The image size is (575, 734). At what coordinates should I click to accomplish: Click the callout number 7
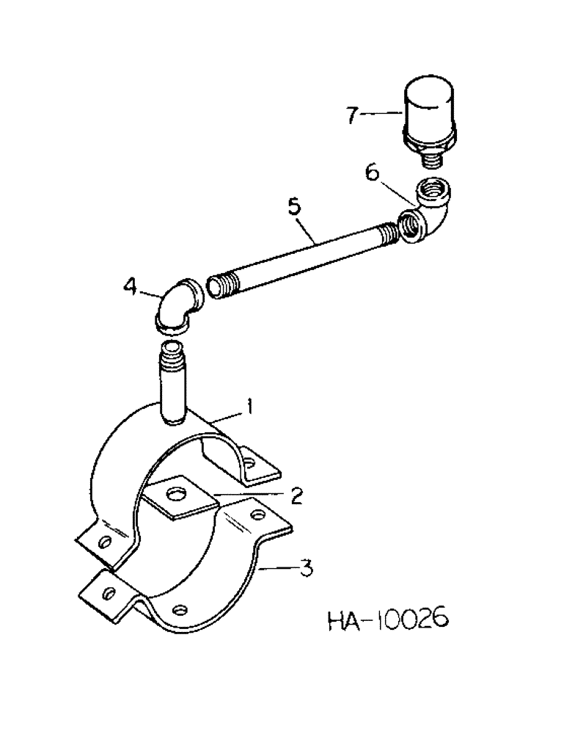tap(354, 116)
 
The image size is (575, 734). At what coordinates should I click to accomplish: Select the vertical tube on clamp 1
tap(174, 382)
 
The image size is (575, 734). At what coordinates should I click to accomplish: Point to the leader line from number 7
tap(380, 115)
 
